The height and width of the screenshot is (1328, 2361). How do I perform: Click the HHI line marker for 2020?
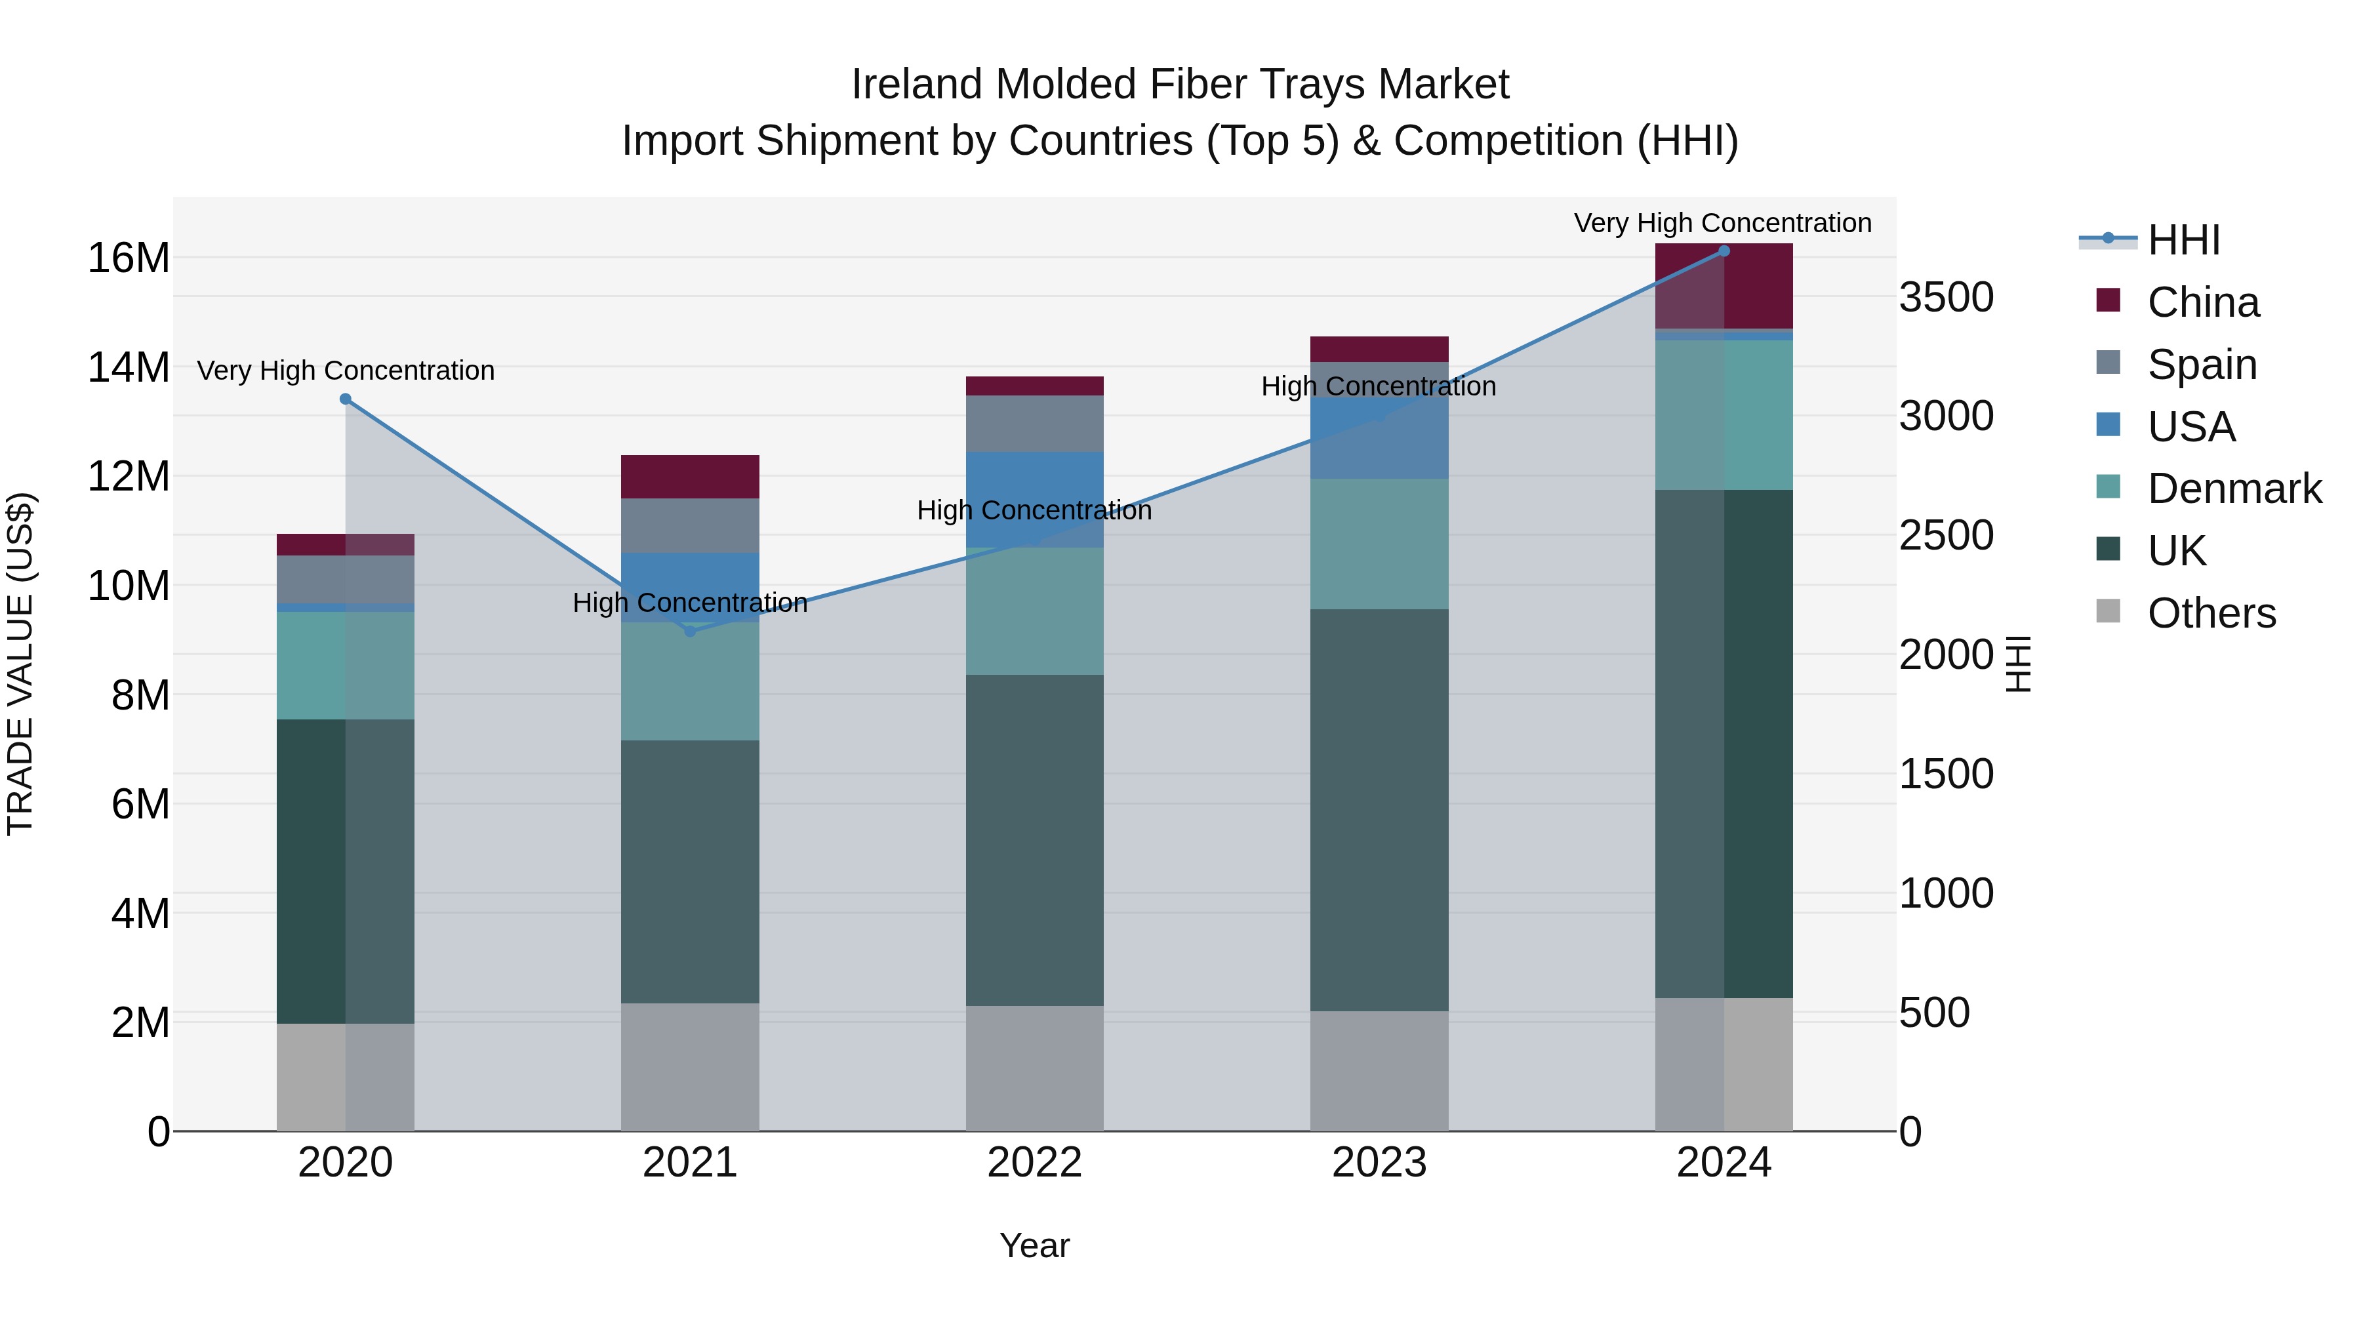(x=346, y=399)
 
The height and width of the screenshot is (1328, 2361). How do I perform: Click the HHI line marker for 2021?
(x=690, y=632)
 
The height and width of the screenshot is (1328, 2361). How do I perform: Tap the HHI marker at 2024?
(x=1724, y=251)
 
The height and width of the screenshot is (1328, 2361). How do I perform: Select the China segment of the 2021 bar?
(x=690, y=477)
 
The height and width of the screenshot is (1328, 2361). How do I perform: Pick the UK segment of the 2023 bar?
(x=1379, y=810)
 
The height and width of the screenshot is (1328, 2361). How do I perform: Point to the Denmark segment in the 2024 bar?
(x=1724, y=415)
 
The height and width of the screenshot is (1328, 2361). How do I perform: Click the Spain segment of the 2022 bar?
(x=1035, y=424)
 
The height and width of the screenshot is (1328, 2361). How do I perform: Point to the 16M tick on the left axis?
(x=129, y=258)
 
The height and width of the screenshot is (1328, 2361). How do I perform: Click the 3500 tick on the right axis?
(x=1946, y=298)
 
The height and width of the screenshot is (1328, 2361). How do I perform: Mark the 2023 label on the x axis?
(x=1379, y=1163)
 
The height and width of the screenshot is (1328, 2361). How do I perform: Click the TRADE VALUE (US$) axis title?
(x=20, y=664)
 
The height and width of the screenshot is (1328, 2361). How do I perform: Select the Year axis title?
(x=1035, y=1245)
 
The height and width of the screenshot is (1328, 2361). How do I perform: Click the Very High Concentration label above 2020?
(x=346, y=371)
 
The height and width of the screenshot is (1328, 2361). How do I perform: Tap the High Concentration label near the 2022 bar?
(x=1035, y=510)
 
